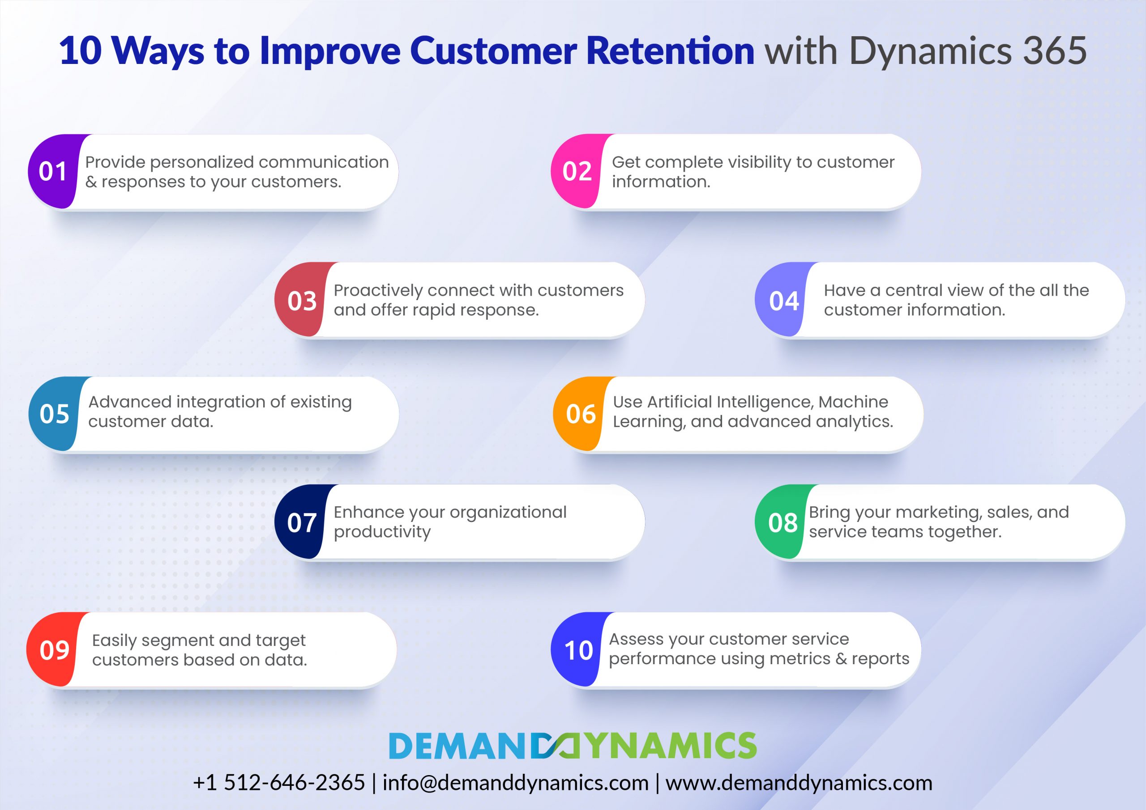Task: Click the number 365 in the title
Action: click(1054, 51)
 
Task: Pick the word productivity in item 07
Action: click(382, 532)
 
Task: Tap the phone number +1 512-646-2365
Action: click(279, 783)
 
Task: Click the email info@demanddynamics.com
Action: click(516, 783)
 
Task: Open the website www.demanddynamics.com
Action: click(799, 783)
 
